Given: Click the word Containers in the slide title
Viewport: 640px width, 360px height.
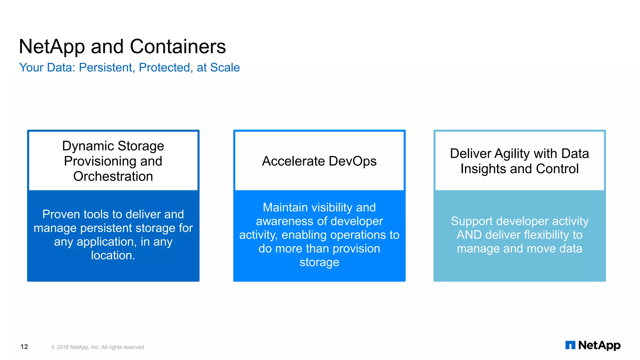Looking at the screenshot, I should (177, 47).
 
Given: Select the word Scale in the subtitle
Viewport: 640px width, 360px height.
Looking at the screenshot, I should (225, 67).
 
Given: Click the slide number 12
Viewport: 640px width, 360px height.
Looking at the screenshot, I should (24, 347).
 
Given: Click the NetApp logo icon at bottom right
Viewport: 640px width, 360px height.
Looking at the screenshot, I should (570, 345).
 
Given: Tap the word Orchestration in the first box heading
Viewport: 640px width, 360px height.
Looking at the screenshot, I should (113, 176).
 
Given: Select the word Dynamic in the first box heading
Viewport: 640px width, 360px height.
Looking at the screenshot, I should (88, 146).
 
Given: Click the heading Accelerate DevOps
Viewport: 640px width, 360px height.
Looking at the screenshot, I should (319, 161).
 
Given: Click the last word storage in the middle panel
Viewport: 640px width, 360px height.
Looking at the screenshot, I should (319, 262).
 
